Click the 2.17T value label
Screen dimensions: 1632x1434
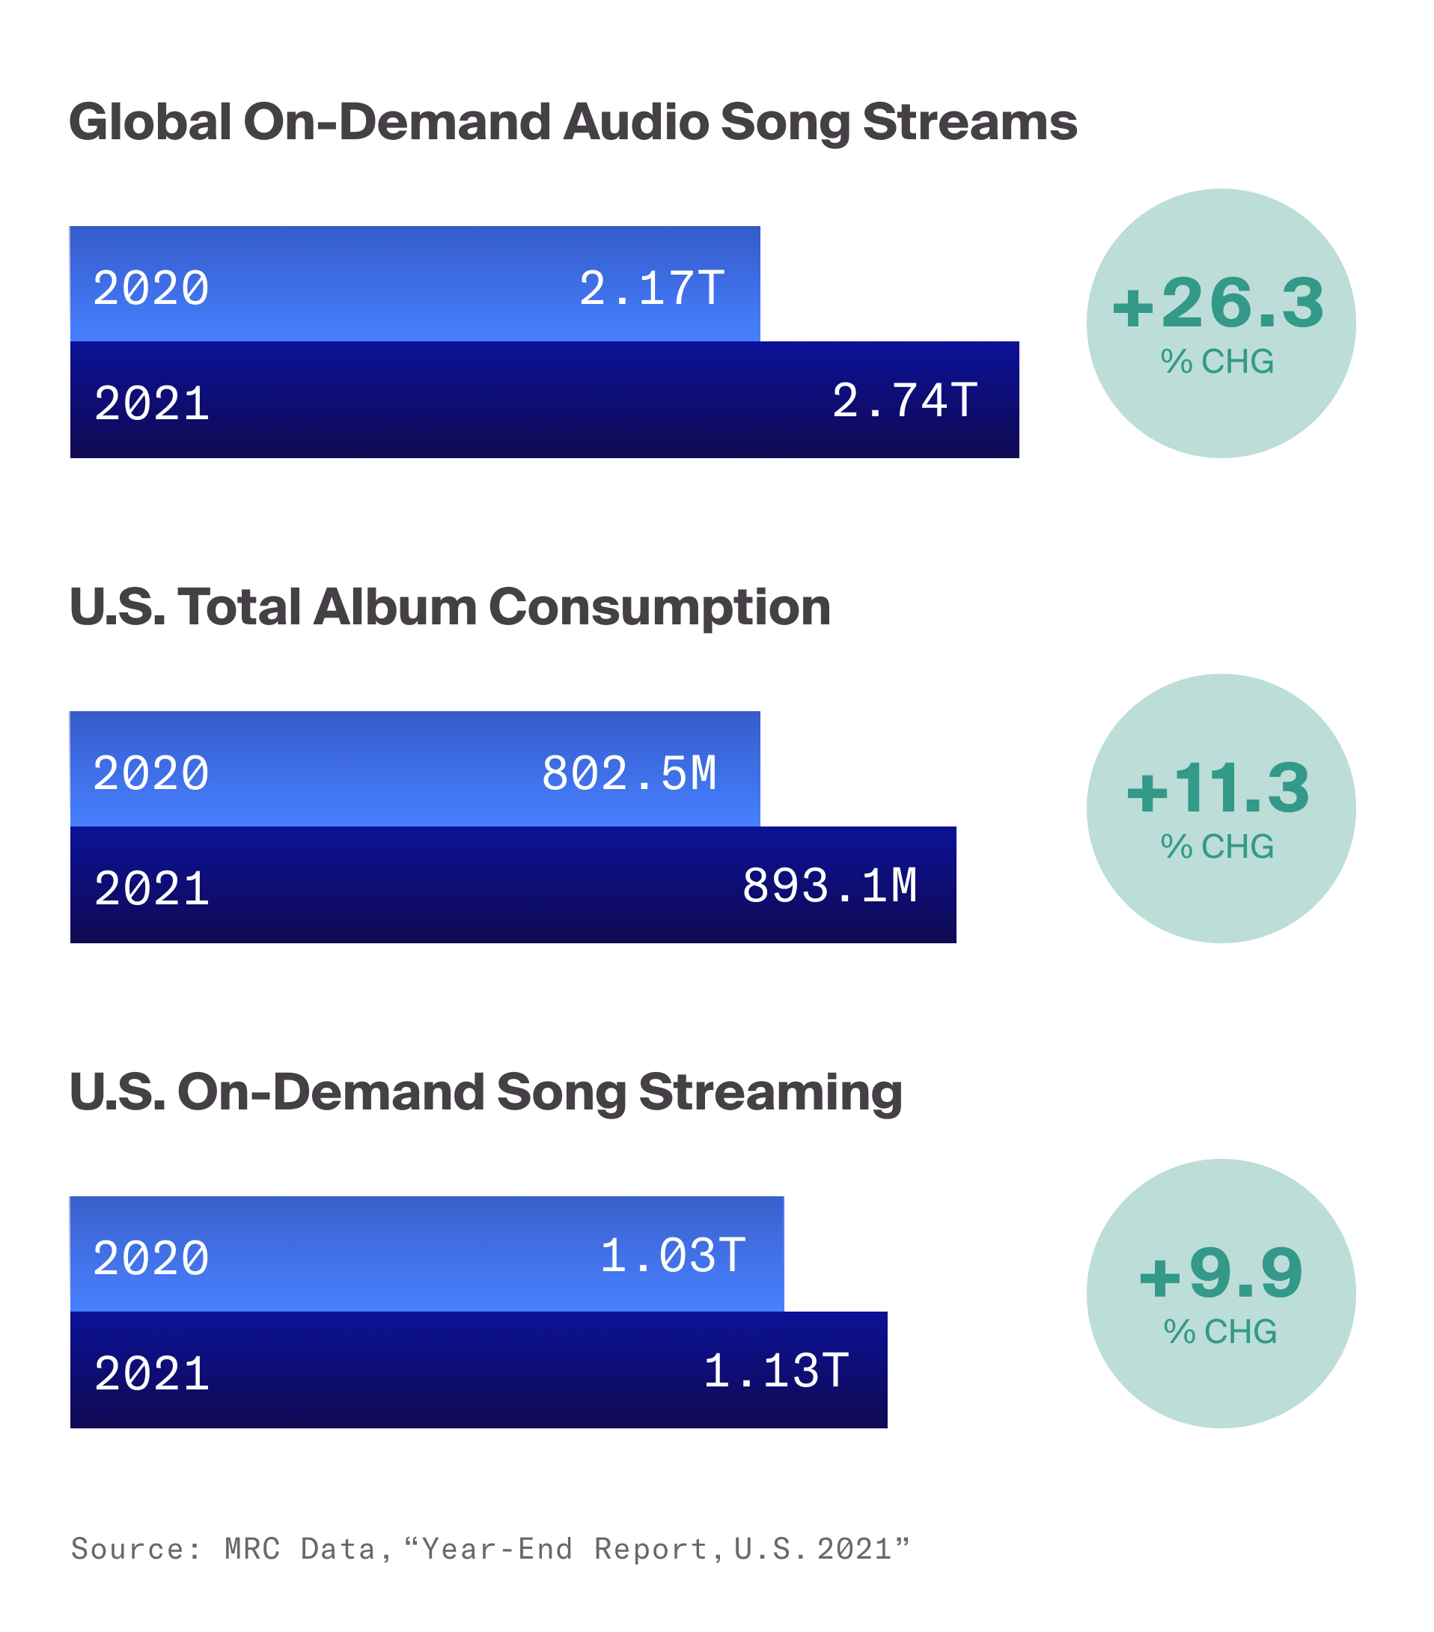coord(652,288)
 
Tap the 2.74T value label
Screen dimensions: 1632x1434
coord(904,401)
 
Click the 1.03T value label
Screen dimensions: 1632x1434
coord(672,1256)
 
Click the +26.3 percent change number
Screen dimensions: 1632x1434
coord(1218,304)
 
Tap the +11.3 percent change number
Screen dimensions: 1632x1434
coord(1218,789)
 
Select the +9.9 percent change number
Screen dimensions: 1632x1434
coord(1220,1273)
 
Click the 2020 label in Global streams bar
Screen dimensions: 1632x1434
coord(151,288)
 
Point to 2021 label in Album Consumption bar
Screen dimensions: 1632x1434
coord(152,889)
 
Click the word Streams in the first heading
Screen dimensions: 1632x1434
coord(969,122)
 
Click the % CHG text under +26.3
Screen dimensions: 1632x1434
coord(1217,362)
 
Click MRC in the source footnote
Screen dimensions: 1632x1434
coord(252,1548)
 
